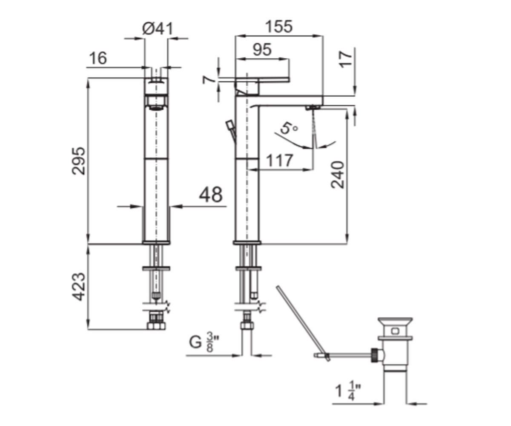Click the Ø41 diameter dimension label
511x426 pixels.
tap(158, 29)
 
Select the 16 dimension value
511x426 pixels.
tap(98, 58)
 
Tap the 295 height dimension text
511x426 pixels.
tap(78, 161)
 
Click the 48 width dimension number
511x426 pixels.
tap(211, 195)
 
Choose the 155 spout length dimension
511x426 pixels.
tap(279, 26)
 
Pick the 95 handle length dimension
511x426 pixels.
tap(262, 50)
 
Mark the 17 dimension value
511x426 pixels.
tap(345, 60)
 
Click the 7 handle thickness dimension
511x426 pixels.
tap(208, 80)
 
